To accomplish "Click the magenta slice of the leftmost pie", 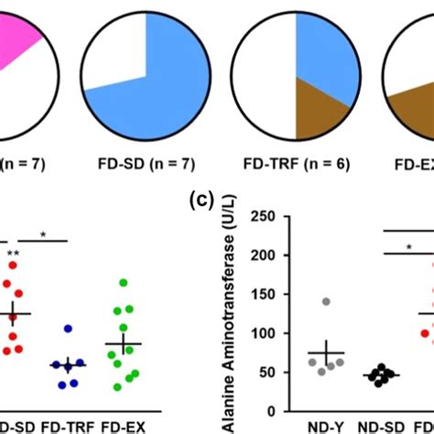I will (14, 46).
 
